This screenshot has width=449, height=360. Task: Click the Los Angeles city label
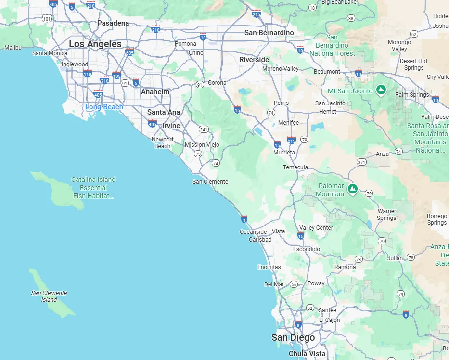tap(95, 44)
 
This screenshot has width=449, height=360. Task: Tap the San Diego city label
tap(293, 337)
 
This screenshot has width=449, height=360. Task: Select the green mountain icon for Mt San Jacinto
tap(381, 90)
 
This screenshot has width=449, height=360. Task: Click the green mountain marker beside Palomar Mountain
tap(353, 189)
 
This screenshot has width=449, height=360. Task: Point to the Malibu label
tap(13, 48)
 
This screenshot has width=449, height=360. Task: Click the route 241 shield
tap(204, 129)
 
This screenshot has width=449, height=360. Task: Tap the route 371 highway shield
tap(361, 162)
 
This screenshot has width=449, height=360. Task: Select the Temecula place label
tap(295, 167)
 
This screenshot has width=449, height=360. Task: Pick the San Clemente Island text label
tap(49, 296)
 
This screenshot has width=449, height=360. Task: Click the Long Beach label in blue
tap(104, 107)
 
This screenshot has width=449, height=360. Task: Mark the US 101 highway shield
tap(46, 19)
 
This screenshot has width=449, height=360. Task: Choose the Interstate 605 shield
tap(129, 51)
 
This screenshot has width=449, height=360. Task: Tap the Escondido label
tap(307, 249)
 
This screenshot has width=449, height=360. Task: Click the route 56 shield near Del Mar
tap(294, 284)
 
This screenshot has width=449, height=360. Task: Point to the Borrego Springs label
tap(437, 219)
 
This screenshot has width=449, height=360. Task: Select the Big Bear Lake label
tap(339, 2)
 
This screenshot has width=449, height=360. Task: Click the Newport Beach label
tap(163, 143)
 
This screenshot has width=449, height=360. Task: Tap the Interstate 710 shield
tap(104, 80)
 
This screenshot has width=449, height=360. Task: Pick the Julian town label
tap(395, 258)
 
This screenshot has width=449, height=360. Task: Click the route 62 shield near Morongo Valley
tap(414, 34)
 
